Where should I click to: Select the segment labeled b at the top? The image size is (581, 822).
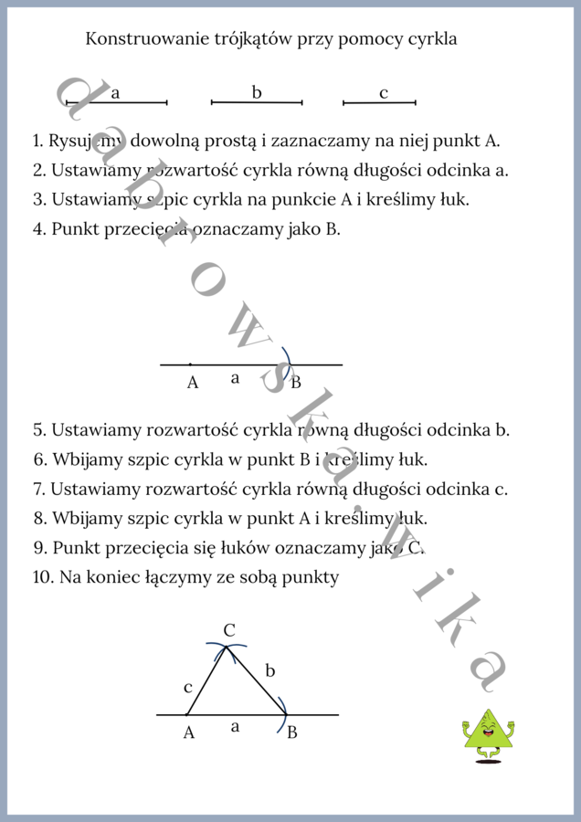(257, 102)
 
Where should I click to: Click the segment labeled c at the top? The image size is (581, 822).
(379, 102)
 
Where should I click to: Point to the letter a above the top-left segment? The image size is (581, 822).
(116, 92)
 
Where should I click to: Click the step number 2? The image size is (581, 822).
(38, 170)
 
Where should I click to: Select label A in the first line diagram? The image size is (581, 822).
(192, 383)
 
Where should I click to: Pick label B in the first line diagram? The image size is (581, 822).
(295, 383)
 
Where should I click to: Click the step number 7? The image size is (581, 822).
(38, 489)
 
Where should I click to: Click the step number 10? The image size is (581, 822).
(42, 577)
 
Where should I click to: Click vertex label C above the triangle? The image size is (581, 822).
(229, 629)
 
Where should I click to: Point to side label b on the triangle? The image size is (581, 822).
(270, 671)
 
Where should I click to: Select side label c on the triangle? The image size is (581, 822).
(188, 686)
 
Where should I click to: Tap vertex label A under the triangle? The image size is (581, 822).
(188, 732)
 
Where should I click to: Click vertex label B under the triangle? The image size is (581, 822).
(291, 732)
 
